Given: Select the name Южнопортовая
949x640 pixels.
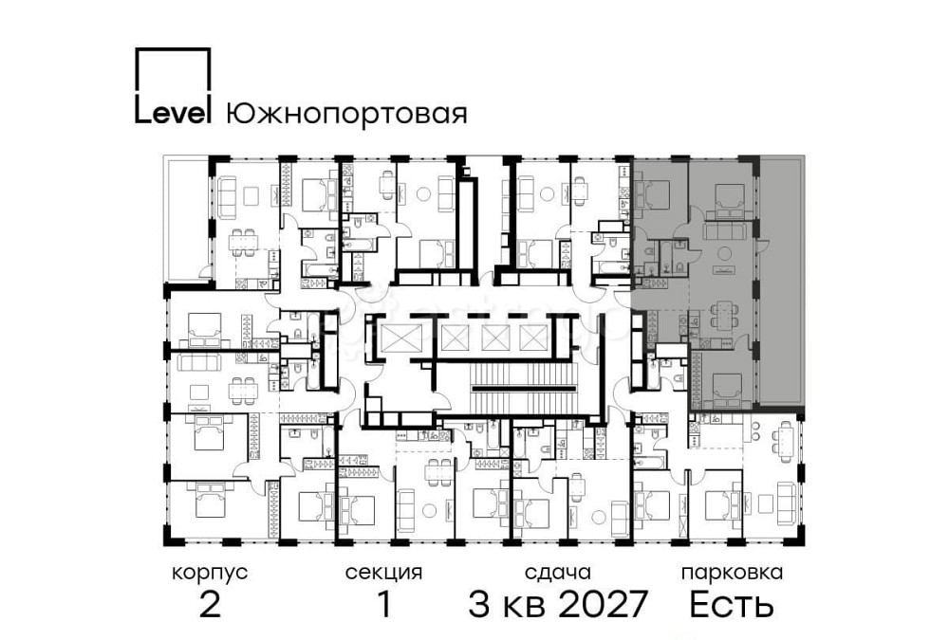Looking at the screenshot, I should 346,114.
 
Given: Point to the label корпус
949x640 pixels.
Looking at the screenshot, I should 210,573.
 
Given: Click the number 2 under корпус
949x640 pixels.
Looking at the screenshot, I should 210,604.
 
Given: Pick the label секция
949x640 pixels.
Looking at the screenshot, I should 383,573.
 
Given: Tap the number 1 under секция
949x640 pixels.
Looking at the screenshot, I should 384,604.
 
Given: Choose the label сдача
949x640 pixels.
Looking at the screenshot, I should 558,573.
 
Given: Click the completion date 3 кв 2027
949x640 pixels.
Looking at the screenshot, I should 558,604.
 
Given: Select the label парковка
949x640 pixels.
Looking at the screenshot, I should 732,573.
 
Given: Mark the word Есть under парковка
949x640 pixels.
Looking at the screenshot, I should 732,604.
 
